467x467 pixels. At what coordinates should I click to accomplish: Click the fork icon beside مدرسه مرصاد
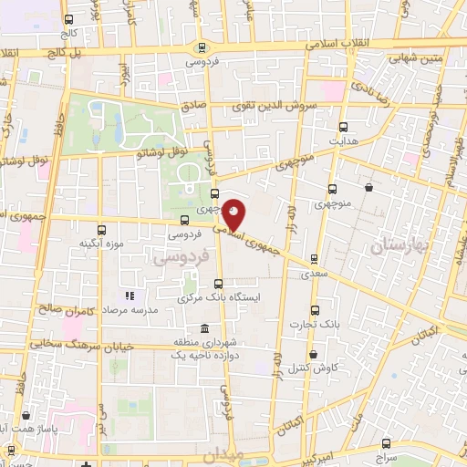[130, 296]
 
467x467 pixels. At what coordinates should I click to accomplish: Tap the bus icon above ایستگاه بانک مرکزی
[216, 284]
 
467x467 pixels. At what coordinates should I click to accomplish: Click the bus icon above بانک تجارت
[315, 309]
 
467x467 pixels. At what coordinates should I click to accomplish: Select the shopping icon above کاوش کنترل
[314, 355]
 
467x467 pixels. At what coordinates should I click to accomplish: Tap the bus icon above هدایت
[343, 128]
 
